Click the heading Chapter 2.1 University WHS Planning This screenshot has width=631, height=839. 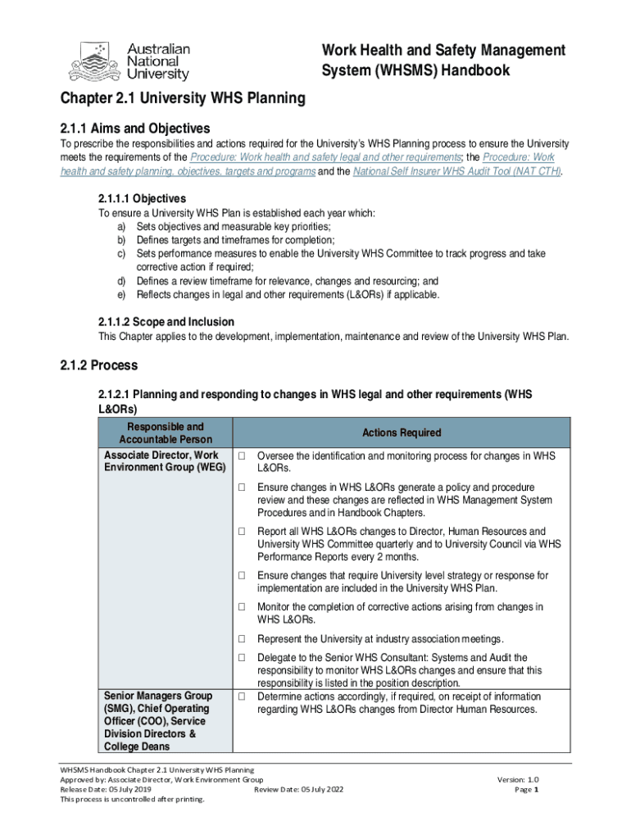coord(183,99)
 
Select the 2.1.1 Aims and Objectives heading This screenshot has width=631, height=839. coord(135,128)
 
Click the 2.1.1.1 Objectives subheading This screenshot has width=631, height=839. coord(142,198)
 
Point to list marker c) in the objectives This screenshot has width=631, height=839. coord(121,254)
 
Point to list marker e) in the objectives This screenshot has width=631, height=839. coord(121,294)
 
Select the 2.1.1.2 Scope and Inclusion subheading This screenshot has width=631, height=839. coord(166,321)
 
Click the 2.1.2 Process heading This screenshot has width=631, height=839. coord(99,365)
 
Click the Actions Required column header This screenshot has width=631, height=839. coord(402,433)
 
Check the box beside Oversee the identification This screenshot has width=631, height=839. coord(243,456)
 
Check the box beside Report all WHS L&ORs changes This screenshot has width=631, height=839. coord(243,532)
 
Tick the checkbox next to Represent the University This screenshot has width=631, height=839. coord(243,639)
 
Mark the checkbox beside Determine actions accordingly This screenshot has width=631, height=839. coord(243,696)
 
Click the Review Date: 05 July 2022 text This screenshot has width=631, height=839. coord(298,790)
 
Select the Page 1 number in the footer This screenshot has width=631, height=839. coord(525,790)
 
